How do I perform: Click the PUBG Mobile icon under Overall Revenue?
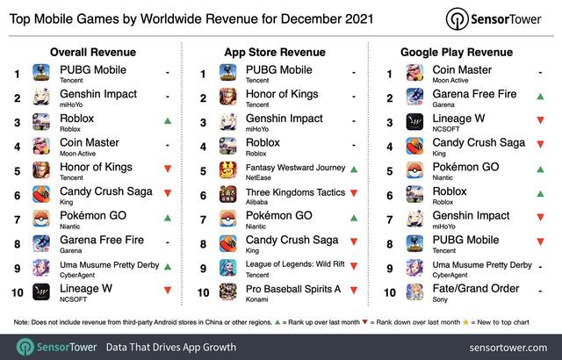(x=42, y=74)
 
